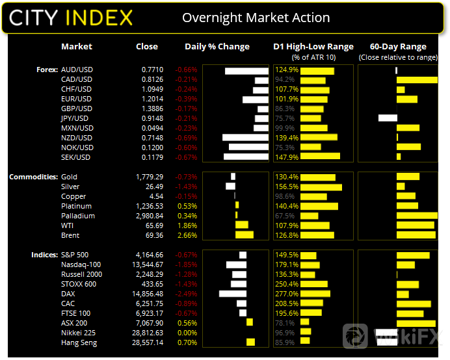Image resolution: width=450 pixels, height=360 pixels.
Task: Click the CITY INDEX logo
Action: (71, 17)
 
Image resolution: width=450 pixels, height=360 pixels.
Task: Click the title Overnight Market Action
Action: (256, 18)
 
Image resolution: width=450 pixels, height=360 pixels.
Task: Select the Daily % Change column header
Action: (217, 47)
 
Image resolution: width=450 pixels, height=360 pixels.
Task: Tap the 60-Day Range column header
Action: (397, 47)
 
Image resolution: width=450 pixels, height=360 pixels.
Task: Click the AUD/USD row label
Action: (76, 70)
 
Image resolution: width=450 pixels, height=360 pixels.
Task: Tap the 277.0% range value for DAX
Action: (287, 294)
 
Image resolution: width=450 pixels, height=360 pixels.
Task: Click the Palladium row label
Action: (77, 216)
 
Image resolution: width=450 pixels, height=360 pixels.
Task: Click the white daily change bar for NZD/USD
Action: (245, 138)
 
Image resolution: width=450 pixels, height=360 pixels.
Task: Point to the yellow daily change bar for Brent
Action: (244, 235)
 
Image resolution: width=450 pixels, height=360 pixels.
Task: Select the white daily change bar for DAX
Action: (233, 294)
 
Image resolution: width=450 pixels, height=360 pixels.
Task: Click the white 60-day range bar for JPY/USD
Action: (388, 118)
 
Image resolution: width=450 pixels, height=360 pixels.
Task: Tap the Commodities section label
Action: (33, 177)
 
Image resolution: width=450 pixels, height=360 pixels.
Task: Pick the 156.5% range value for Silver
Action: (287, 186)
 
